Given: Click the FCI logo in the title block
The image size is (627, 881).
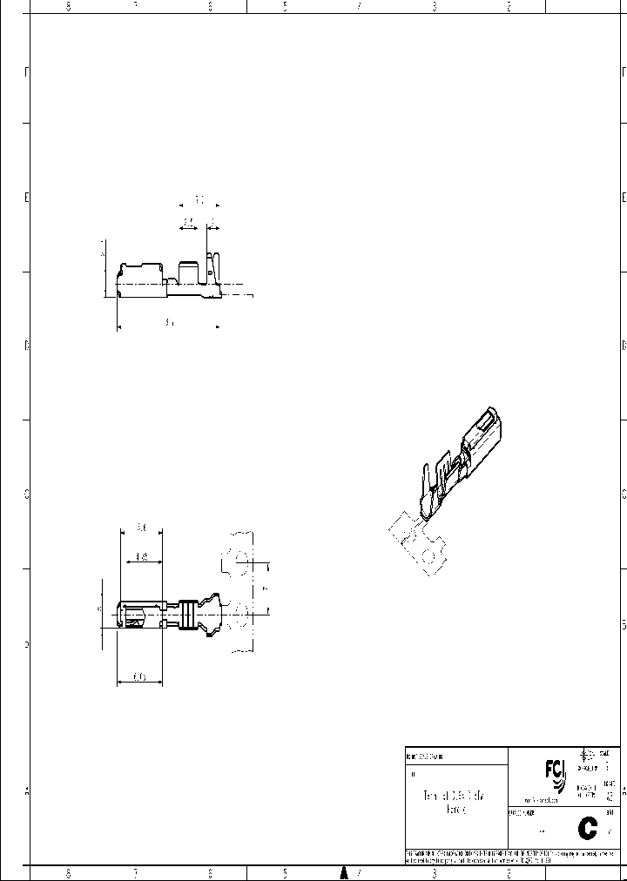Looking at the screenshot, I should click(554, 771).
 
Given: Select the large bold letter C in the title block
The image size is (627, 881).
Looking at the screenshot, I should click(588, 828).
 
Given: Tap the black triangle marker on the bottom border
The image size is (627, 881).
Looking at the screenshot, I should click(344, 872).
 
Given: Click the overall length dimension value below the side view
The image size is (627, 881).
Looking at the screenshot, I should click(169, 322).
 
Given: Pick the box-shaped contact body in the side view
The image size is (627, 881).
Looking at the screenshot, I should click(139, 279).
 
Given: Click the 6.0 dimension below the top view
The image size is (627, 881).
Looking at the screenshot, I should click(139, 676).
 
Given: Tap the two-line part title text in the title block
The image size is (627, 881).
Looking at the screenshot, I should click(455, 803).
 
